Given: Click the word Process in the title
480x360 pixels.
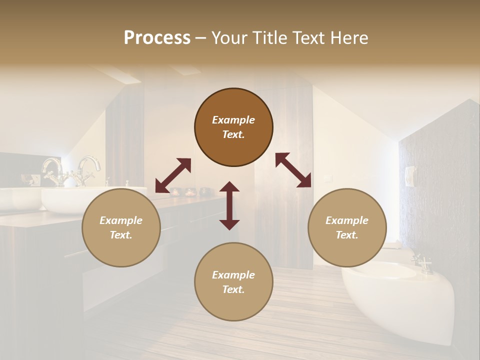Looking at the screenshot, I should (x=157, y=38).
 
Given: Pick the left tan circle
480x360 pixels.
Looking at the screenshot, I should (x=121, y=227).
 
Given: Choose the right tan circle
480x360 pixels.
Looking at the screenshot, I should (x=347, y=227).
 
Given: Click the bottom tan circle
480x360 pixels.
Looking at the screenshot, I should (x=233, y=282).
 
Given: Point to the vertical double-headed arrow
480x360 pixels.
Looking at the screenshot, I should (x=229, y=205).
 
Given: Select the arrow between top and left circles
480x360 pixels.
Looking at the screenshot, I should (x=173, y=175).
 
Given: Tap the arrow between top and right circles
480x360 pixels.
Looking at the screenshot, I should (x=293, y=170).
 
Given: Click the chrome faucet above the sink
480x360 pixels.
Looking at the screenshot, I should (x=89, y=168).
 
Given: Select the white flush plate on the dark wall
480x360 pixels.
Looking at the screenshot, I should (x=410, y=175).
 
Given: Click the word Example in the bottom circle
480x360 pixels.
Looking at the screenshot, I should (x=233, y=275).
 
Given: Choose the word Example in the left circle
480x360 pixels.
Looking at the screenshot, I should (x=121, y=220).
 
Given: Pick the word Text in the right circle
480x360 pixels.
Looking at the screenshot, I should (x=346, y=235).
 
